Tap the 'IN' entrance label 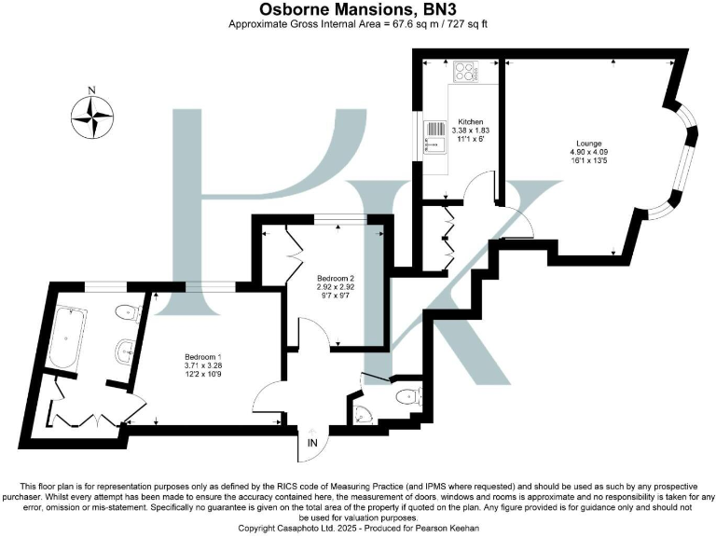point(311,445)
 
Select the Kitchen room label point(470,122)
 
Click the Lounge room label point(585,143)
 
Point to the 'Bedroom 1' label point(202,358)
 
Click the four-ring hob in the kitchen point(463,72)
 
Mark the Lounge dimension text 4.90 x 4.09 point(585,152)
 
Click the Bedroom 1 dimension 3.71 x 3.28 point(202,367)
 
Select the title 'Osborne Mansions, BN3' point(358,9)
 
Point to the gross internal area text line point(358,24)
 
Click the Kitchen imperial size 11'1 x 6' point(470,140)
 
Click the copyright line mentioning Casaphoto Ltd point(358,528)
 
